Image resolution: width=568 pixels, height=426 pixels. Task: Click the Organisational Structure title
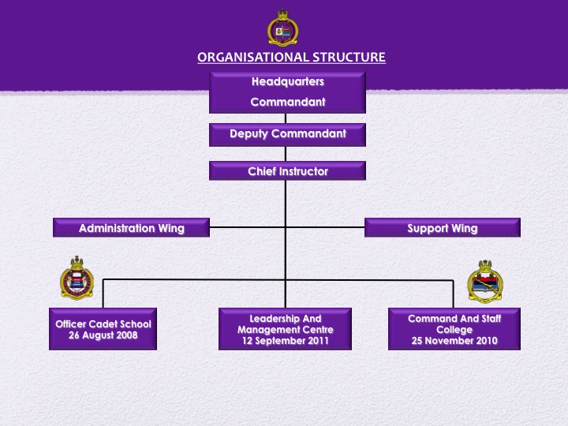click(291, 57)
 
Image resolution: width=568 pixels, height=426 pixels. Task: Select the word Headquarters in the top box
click(287, 81)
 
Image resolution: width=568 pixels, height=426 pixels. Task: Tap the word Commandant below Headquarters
click(287, 102)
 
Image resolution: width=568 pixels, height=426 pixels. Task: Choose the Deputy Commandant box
click(287, 134)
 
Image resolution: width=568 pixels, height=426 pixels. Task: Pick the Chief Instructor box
click(287, 171)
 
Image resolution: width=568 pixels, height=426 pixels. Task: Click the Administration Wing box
click(131, 228)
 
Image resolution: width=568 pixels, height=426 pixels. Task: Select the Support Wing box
click(442, 228)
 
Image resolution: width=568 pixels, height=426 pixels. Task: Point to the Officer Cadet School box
click(103, 329)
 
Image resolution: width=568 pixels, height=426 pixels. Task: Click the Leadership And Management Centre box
click(285, 329)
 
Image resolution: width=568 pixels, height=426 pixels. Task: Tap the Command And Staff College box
click(454, 329)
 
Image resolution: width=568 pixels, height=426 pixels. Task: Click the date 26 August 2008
click(103, 335)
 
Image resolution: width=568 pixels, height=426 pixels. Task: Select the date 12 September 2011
click(285, 341)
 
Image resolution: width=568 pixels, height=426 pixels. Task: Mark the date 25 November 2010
click(454, 341)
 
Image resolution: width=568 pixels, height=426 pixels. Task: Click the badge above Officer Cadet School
click(77, 279)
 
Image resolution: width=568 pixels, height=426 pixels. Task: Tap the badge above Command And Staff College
click(484, 282)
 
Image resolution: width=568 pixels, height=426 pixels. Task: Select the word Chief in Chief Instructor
click(263, 171)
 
